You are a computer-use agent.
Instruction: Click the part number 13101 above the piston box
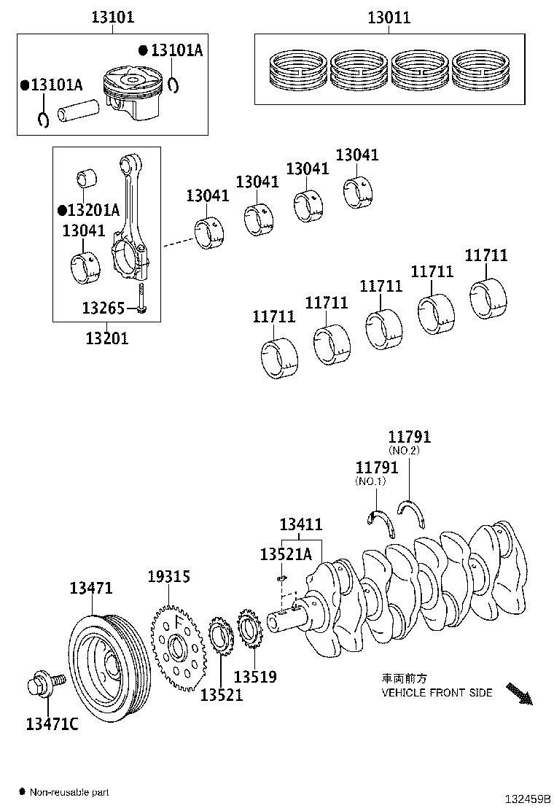point(112,17)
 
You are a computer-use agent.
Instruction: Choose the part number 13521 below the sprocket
point(222,695)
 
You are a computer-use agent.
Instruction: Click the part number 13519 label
point(255,678)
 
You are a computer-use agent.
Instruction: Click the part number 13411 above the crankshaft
point(301,524)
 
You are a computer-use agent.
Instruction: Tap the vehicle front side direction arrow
point(519,694)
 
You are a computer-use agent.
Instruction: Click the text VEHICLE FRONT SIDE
point(437,692)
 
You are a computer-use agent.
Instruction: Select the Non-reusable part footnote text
point(69,791)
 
